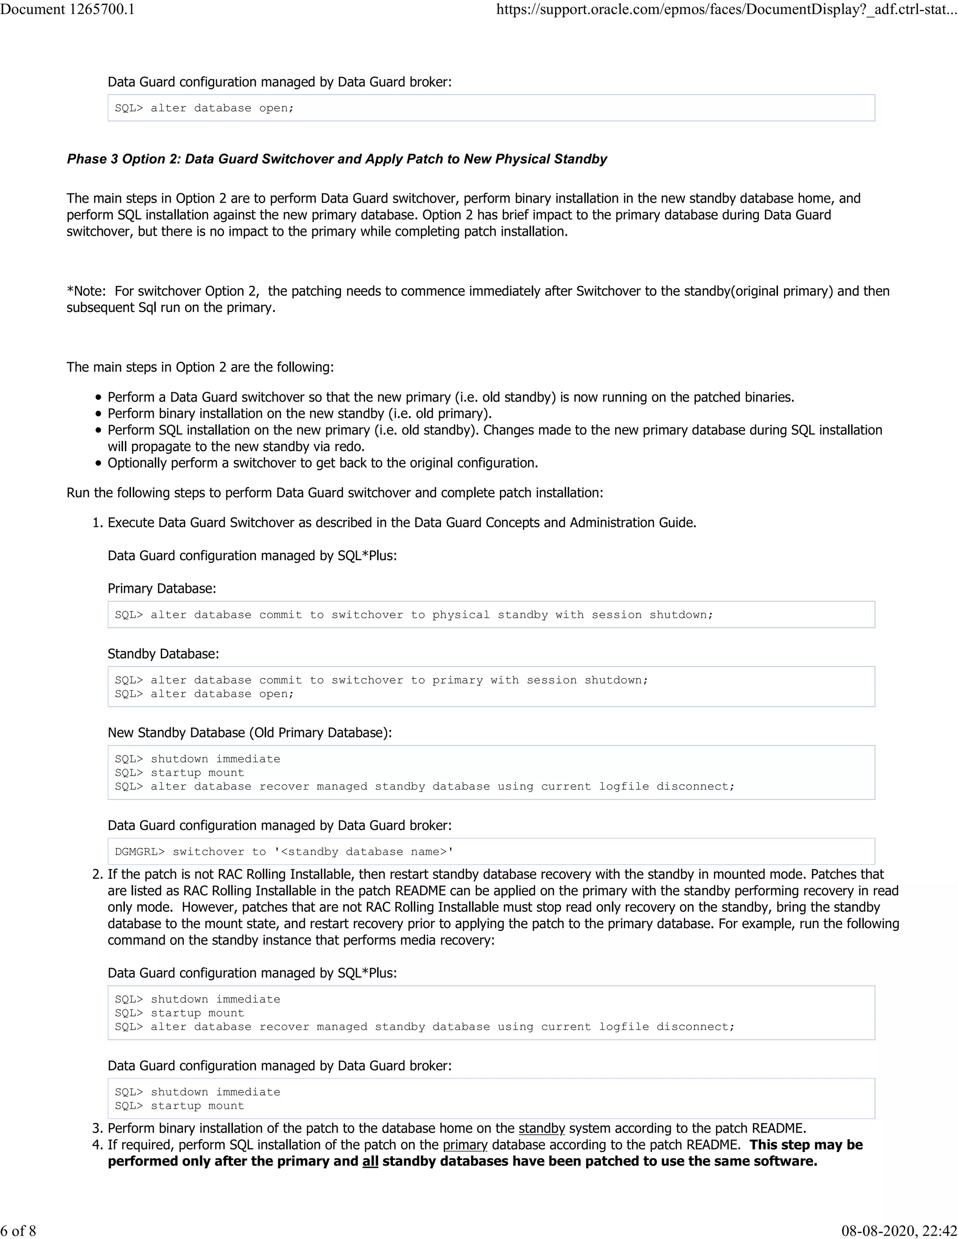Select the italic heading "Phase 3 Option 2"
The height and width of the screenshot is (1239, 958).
pyautogui.click(x=336, y=159)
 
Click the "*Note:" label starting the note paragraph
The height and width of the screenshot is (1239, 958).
pyautogui.click(x=86, y=291)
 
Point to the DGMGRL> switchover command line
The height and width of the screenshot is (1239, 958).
pyautogui.click(x=284, y=851)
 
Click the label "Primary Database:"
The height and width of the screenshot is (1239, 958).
pyautogui.click(x=162, y=588)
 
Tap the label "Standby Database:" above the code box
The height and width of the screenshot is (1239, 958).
pyautogui.click(x=163, y=654)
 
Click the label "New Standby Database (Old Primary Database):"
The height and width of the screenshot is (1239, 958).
pyautogui.click(x=250, y=732)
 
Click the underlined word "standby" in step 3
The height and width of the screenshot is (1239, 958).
pyautogui.click(x=541, y=1128)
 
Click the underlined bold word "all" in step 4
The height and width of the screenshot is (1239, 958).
pyautogui.click(x=370, y=1161)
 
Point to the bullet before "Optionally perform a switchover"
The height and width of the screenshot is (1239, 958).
pyautogui.click(x=99, y=463)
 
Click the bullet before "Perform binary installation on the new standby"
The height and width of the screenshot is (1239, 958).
pyautogui.click(x=99, y=414)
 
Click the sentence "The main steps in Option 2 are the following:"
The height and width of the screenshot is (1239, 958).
pyautogui.click(x=200, y=367)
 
